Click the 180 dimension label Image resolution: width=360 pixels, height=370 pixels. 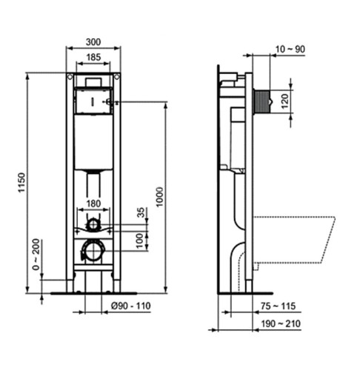(x=93, y=204)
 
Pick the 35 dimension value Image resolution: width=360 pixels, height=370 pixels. (x=141, y=212)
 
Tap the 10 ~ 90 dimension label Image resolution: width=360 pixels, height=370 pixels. (x=289, y=49)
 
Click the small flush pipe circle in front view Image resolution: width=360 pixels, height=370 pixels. (x=93, y=223)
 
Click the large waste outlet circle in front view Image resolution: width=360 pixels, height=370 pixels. (x=93, y=252)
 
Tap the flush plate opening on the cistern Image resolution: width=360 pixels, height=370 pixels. (x=93, y=99)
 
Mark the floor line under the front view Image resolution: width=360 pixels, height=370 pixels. (x=93, y=293)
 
